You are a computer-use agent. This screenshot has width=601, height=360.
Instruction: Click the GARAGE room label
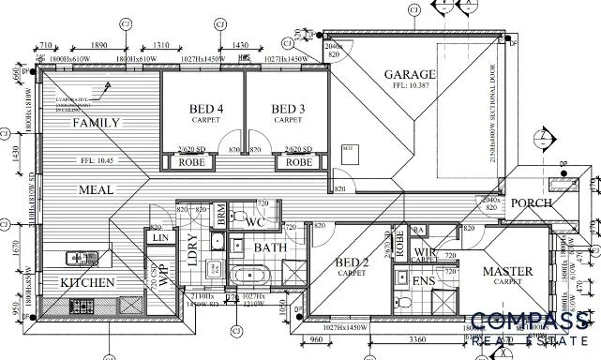[410, 74]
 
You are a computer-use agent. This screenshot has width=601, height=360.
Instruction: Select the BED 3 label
[288, 109]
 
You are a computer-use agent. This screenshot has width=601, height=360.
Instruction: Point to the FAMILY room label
[96, 123]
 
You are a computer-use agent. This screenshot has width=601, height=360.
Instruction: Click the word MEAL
[96, 189]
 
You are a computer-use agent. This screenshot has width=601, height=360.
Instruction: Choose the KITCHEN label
[87, 282]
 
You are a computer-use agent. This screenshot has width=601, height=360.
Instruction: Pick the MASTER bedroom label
[507, 272]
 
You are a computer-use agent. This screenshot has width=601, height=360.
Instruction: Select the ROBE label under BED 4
[193, 162]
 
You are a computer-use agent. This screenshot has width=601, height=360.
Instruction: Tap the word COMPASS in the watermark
[530, 322]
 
